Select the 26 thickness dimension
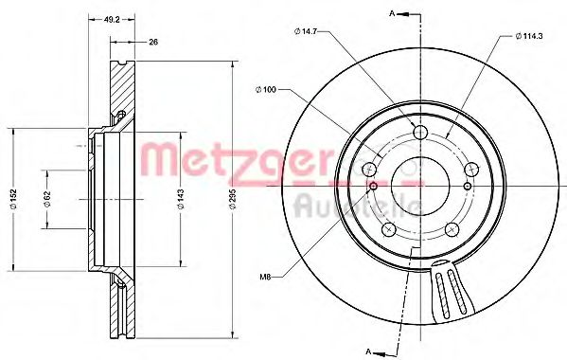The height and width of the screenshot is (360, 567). coord(151,41)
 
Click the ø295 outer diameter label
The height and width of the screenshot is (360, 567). coord(232,199)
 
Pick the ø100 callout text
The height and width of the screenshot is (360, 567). coord(266,89)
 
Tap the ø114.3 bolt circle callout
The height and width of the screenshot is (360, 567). coord(531,36)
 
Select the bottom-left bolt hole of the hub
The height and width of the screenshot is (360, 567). coord(387,228)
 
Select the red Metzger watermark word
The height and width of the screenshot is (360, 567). coord(237,157)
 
